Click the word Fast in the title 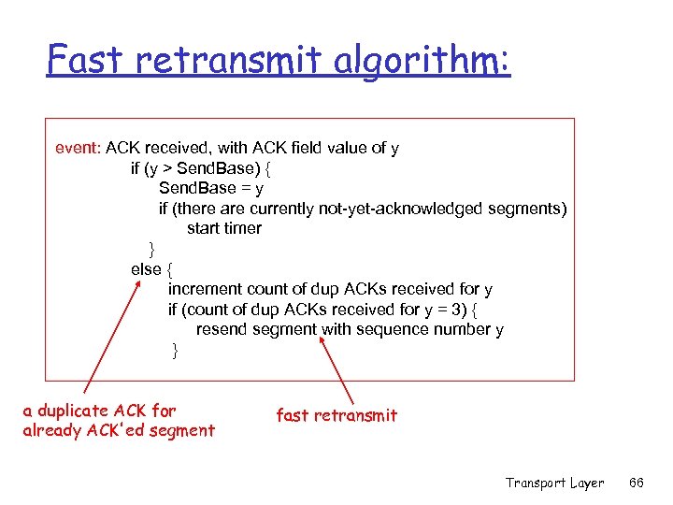click(83, 60)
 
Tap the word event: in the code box click(79, 148)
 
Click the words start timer click(224, 228)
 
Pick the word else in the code click(146, 269)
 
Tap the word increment click(204, 289)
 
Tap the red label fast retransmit click(336, 415)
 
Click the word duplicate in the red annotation click(72, 411)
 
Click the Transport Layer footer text click(554, 483)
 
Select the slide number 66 click(637, 483)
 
